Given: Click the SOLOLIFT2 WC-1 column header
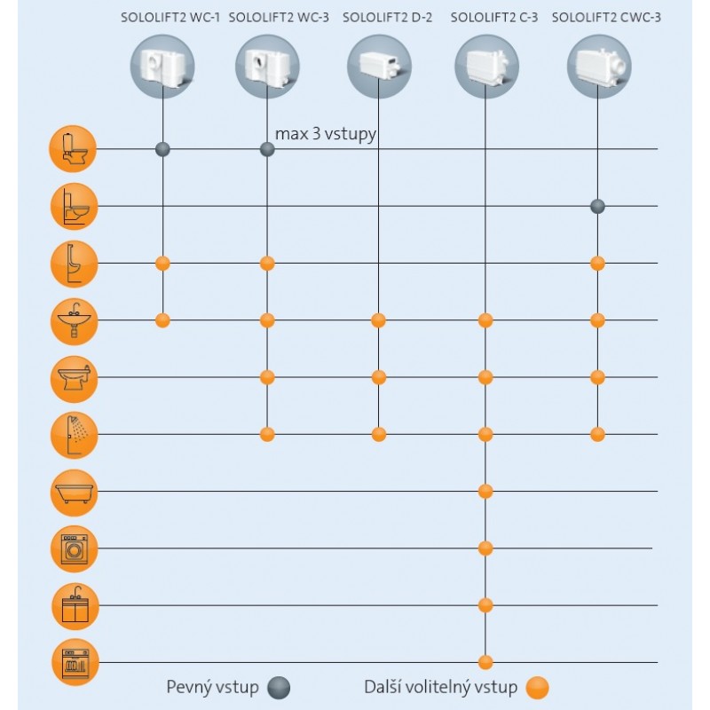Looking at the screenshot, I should tap(170, 18).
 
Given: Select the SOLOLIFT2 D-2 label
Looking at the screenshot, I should tap(387, 18).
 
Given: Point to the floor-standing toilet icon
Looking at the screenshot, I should tap(72, 149).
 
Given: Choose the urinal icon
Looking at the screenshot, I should tap(72, 264).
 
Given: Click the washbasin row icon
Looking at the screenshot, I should tap(72, 320).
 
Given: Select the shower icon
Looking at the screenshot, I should tap(72, 435).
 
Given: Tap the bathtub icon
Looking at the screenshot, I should tap(72, 492).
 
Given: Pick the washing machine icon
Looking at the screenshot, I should tap(72, 548).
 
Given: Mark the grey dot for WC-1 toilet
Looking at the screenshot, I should tap(162, 149).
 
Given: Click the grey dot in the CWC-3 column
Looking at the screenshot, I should tap(598, 207).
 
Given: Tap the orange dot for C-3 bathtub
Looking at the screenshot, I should tap(485, 491).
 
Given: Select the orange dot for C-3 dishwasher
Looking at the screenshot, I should tap(485, 661).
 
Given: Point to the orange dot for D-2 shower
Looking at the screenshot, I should tap(379, 434).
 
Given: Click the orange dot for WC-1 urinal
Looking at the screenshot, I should tap(162, 263).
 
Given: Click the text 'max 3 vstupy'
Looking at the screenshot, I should tap(326, 135).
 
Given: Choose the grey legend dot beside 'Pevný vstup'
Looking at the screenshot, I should tap(279, 688).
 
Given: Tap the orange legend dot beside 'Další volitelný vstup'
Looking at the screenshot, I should tap(537, 688).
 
